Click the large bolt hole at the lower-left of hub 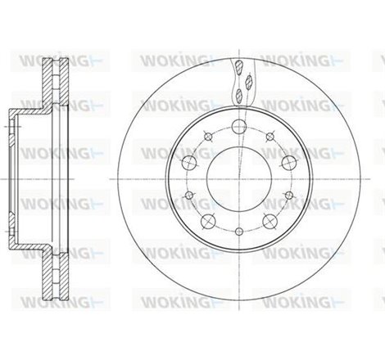[x=208, y=220]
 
